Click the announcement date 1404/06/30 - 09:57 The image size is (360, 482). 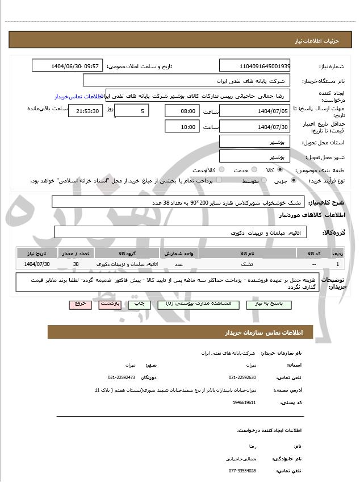pyautogui.click(x=68, y=66)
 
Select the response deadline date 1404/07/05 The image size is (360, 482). pyautogui.click(x=254, y=111)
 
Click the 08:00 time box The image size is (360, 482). pyautogui.click(x=182, y=111)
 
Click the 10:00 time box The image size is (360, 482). pyautogui.click(x=182, y=127)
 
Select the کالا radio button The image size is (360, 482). pyautogui.click(x=280, y=169)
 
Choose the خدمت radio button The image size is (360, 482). pyautogui.click(x=253, y=169)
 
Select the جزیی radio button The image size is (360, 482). pyautogui.click(x=293, y=180)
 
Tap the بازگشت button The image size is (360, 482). pyautogui.click(x=110, y=304)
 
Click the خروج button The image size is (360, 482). pyautogui.click(x=80, y=304)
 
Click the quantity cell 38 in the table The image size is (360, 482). pyautogui.click(x=76, y=264)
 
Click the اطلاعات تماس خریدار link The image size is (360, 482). pyautogui.click(x=77, y=97)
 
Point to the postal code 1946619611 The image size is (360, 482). pyautogui.click(x=245, y=402)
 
